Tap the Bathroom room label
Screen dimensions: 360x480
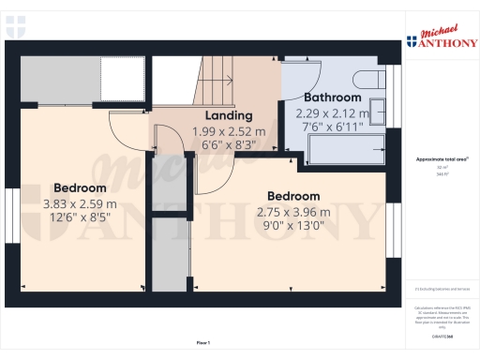click(333, 97)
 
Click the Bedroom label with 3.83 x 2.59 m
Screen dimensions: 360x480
click(79, 187)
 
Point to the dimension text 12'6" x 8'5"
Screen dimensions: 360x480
click(79, 218)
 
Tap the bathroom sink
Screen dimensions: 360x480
click(379, 111)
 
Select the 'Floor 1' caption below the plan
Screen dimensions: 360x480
click(203, 342)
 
